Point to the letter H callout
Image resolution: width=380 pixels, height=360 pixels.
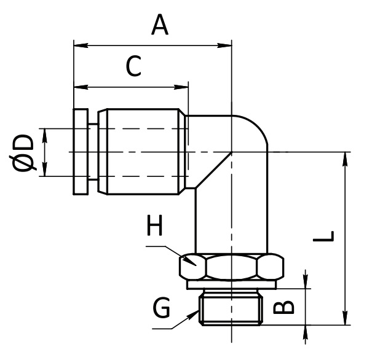tap(156, 227)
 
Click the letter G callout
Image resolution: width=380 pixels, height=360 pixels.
tap(162, 308)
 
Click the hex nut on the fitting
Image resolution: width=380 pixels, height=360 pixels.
tap(232, 267)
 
